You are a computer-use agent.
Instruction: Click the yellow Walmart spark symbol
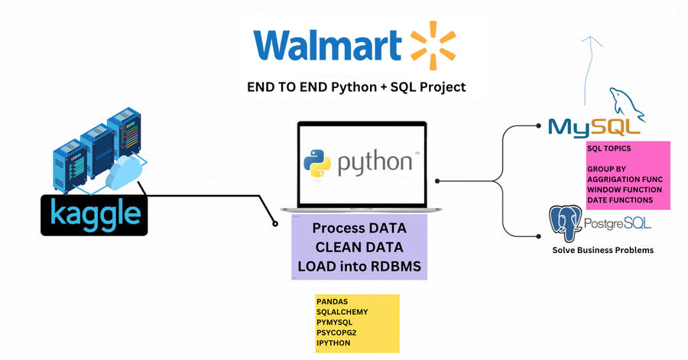433,45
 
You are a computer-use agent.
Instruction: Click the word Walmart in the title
327,45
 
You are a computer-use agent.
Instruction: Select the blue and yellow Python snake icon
316,163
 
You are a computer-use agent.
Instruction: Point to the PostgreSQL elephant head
565,222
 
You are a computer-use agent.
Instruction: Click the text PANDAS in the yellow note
333,302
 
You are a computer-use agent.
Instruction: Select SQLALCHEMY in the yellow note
342,312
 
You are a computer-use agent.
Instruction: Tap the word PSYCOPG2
336,332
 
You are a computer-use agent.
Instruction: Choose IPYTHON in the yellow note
333,343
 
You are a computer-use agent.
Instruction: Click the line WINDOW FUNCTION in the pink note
625,190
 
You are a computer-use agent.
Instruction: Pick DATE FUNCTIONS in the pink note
620,200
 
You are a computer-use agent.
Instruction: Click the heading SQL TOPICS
609,148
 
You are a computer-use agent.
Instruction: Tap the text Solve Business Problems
603,250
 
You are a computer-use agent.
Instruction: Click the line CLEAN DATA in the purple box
359,247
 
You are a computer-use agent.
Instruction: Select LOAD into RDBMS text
359,266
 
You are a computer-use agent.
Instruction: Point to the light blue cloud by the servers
123,173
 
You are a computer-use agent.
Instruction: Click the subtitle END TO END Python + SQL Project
356,87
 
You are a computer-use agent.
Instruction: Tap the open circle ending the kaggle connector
275,224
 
